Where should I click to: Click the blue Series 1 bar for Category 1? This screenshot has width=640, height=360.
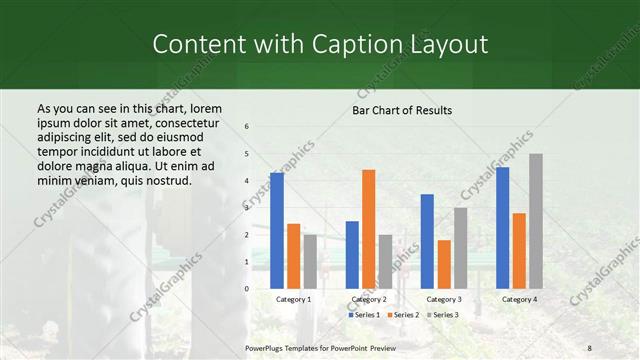pos(277,230)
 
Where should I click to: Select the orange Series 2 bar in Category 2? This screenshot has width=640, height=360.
pos(368,229)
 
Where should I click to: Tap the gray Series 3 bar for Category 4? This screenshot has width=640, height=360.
pos(536,221)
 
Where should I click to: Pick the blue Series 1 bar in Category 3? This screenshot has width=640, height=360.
pos(427,241)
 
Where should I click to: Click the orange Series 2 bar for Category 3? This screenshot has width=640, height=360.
pos(443,264)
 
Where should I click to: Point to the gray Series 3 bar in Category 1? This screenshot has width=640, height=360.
pos(310,261)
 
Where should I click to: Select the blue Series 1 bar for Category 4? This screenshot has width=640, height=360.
pos(502,227)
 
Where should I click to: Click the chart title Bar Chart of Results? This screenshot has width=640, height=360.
pos(402,110)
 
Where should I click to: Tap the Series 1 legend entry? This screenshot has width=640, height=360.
pos(364,315)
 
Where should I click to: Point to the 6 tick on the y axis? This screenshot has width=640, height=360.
pos(247,127)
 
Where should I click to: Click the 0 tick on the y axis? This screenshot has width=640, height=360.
pos(247,288)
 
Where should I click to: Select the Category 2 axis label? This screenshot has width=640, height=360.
pos(368,299)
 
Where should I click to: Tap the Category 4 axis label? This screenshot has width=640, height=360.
pos(519,299)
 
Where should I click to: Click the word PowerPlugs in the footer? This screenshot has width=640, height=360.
pos(265,348)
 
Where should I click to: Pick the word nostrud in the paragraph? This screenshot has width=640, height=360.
pos(164,180)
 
